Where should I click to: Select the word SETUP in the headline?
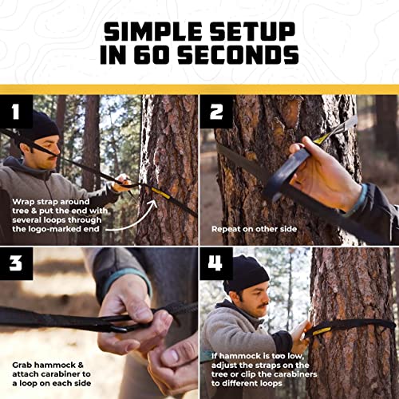click(x=250, y=32)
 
